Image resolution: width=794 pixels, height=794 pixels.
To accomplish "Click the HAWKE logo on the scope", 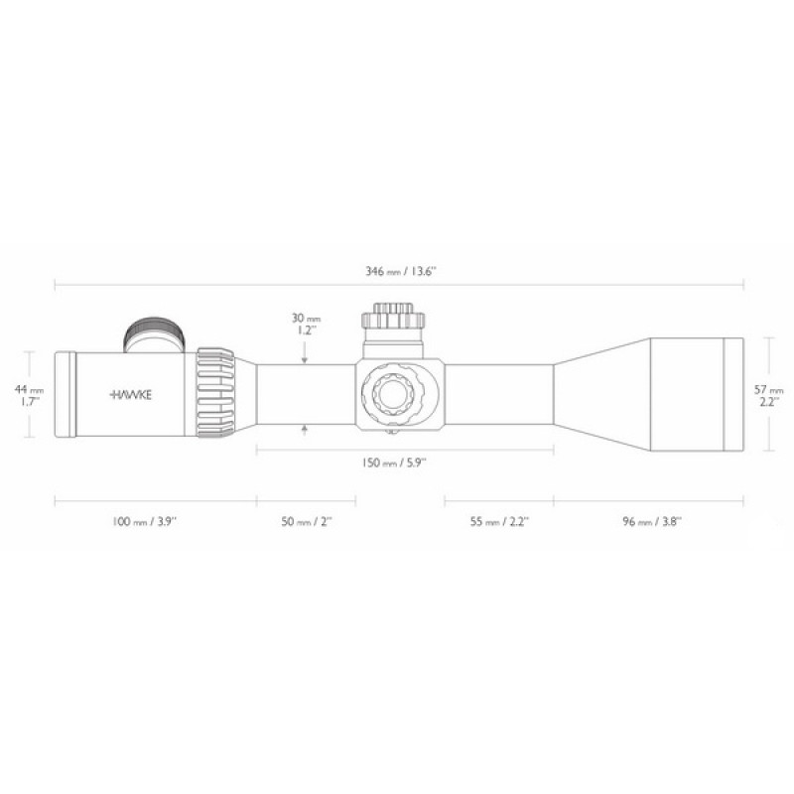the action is (x=131, y=394).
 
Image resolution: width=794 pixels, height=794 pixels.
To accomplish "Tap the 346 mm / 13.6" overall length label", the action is (x=401, y=271).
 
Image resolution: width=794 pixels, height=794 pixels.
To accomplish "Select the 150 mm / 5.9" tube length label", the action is (x=394, y=463).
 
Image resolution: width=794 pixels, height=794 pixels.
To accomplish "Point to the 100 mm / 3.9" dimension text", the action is (x=144, y=521).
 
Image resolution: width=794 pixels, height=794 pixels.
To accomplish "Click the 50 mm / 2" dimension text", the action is (x=307, y=521).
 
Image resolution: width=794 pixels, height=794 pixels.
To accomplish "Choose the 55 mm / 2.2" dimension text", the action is (x=499, y=521).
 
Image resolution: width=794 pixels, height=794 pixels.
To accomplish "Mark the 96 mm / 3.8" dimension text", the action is (x=652, y=521).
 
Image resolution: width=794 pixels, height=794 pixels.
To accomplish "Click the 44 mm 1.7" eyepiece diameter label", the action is (x=29, y=395).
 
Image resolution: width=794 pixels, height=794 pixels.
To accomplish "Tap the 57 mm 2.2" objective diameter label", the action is (x=768, y=395).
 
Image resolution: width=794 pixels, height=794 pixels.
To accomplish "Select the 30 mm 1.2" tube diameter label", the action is (x=306, y=325).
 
